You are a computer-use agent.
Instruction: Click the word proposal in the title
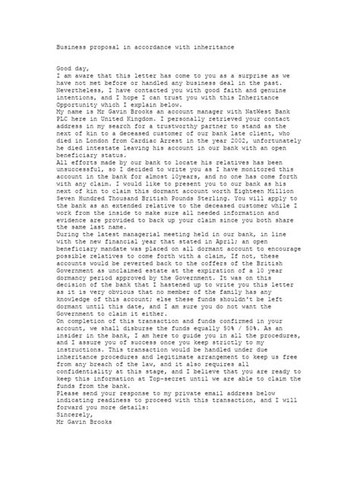tap(100, 46)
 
